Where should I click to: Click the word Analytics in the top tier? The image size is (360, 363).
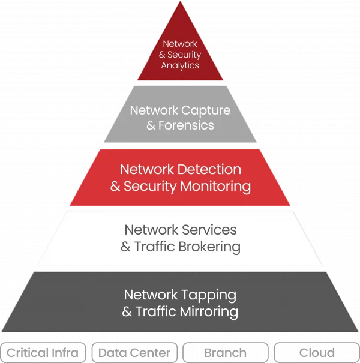point(180,65)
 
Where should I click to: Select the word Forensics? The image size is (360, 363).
point(188,126)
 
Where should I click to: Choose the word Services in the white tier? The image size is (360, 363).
point(210,230)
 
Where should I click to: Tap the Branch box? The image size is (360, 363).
point(226,353)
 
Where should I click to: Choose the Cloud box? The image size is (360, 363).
point(317,353)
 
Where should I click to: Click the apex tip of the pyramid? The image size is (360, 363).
point(180,3)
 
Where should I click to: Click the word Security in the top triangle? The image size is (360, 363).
point(184,55)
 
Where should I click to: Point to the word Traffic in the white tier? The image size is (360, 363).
point(154,246)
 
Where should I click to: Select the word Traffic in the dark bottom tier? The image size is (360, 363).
point(155,312)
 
